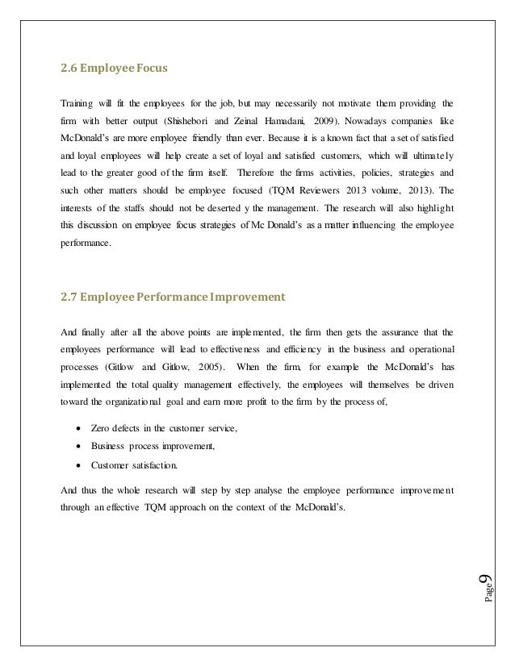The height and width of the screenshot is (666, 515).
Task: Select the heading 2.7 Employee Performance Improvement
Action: point(173,297)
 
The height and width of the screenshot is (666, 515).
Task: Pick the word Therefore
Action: point(268,173)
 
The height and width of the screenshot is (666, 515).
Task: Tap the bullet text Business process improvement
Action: point(153,445)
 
